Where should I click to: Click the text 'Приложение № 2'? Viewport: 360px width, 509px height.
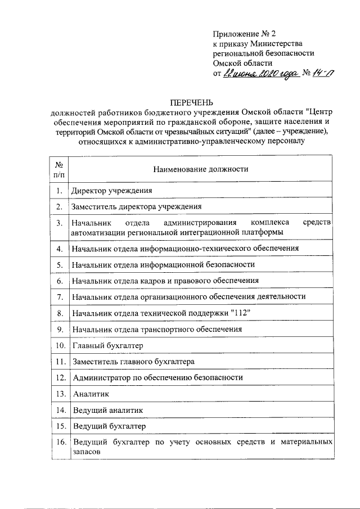pos(241,33)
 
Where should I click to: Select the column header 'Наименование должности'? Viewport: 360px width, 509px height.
pos(200,169)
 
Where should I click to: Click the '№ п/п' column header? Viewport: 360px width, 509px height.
pos(58,169)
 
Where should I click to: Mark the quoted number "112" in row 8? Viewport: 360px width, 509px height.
pos(240,312)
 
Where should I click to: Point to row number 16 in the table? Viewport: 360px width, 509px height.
pos(58,442)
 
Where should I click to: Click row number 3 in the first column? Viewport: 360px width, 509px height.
pos(58,223)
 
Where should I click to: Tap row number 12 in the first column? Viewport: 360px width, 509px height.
pos(58,377)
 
